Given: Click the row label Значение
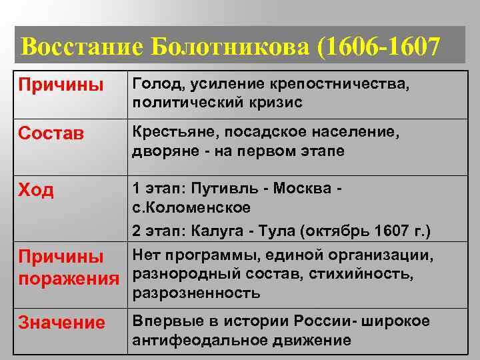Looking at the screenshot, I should (61, 323).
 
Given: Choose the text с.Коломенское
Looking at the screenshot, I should (191, 207).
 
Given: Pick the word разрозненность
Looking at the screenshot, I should (196, 293).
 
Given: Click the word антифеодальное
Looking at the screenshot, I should (195, 340).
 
